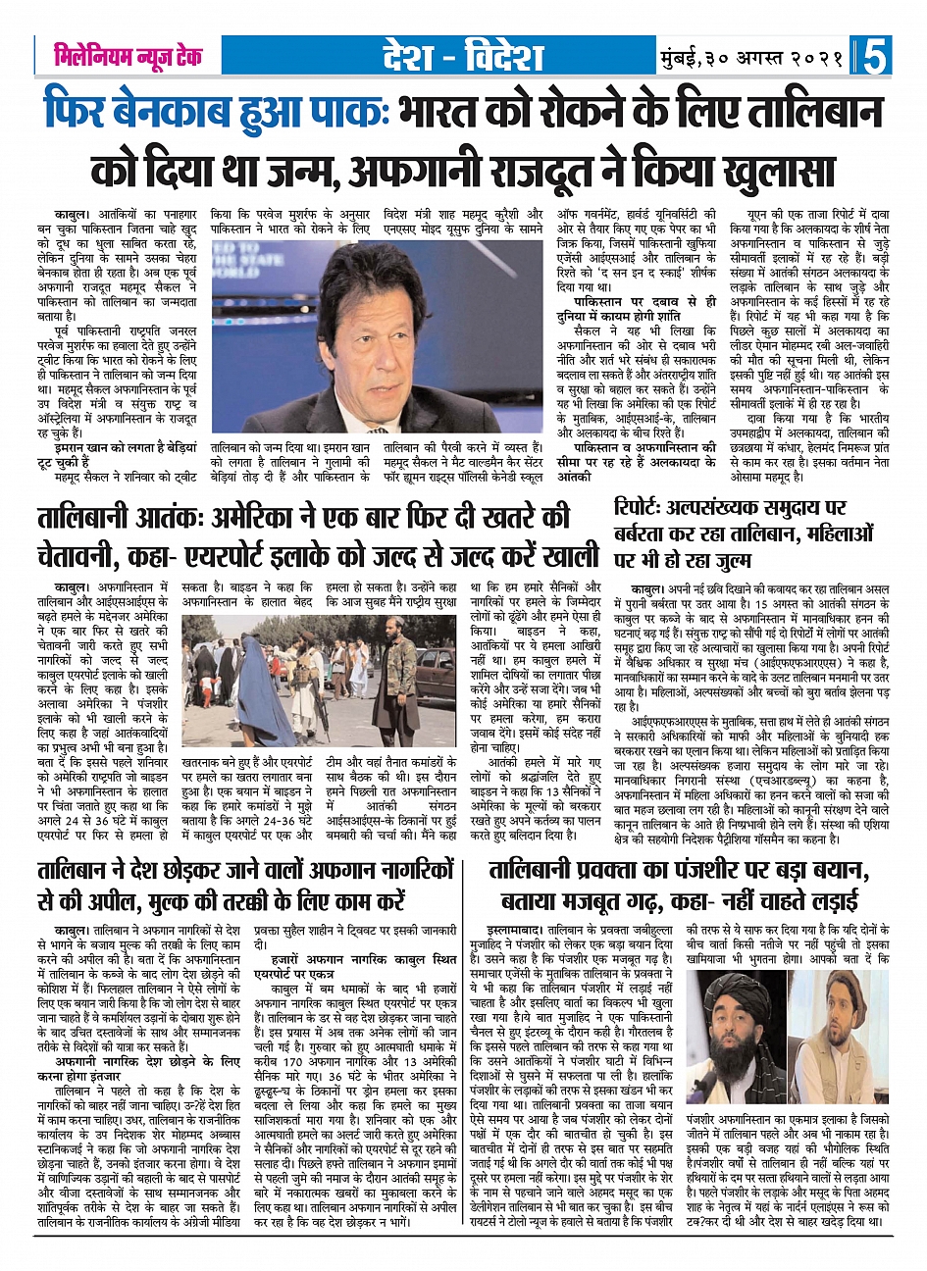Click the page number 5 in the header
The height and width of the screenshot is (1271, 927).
pos(875,56)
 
